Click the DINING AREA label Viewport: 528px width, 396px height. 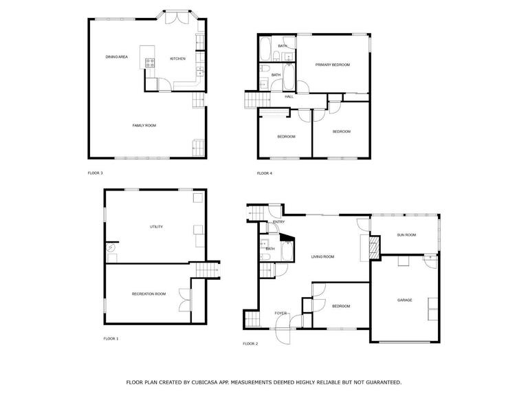click(x=116, y=57)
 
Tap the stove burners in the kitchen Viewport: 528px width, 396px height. click(x=150, y=63)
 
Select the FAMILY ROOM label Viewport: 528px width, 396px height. click(x=144, y=126)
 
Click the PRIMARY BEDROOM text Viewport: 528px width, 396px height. click(x=332, y=65)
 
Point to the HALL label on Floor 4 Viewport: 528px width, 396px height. click(x=289, y=97)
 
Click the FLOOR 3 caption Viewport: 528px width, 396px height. click(x=95, y=173)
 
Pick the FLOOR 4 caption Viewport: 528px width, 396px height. click(x=264, y=173)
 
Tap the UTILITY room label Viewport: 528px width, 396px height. click(x=156, y=227)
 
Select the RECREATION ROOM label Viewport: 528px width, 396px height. click(x=148, y=294)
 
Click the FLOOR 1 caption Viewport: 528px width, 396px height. click(x=111, y=339)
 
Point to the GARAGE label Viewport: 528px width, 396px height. click(x=404, y=300)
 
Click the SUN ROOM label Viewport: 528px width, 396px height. click(x=406, y=235)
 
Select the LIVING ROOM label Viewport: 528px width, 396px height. click(x=322, y=256)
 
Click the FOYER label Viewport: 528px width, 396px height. click(x=280, y=313)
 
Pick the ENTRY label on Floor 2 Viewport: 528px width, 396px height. click(x=279, y=222)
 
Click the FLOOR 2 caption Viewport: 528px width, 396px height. click(x=250, y=344)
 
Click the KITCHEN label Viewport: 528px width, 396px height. click(x=177, y=58)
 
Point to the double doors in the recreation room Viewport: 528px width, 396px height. click(x=184, y=300)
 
